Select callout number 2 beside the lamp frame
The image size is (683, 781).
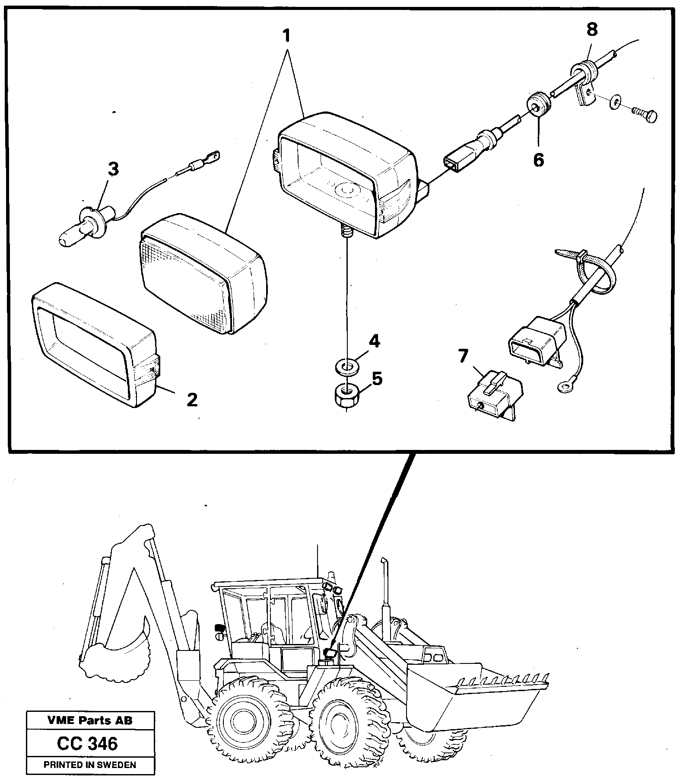pyautogui.click(x=192, y=399)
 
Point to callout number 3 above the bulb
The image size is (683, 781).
pyautogui.click(x=113, y=169)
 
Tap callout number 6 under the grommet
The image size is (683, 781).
pyautogui.click(x=538, y=160)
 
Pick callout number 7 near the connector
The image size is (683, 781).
pyautogui.click(x=463, y=357)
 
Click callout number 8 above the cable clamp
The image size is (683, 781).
pyautogui.click(x=591, y=29)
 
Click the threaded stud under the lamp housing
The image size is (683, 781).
pyautogui.click(x=346, y=234)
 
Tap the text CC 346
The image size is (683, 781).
pyautogui.click(x=87, y=743)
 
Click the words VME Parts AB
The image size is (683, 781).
pyautogui.click(x=89, y=720)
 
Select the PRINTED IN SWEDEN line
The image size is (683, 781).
pyautogui.click(x=90, y=765)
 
